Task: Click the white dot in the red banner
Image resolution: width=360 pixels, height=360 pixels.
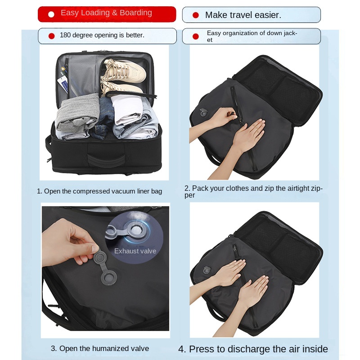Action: coord(51,14)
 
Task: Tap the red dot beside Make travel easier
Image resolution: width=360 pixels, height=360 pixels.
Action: coord(196,15)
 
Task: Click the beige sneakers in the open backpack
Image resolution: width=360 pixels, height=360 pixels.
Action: coord(123,77)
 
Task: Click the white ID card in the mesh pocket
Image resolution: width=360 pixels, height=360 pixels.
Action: coord(63,84)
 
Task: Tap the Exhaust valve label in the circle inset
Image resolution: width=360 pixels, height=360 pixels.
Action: coord(135,251)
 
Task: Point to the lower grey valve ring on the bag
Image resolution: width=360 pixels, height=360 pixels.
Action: coord(109,278)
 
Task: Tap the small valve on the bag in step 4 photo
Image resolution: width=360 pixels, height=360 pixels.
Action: coord(207,270)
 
